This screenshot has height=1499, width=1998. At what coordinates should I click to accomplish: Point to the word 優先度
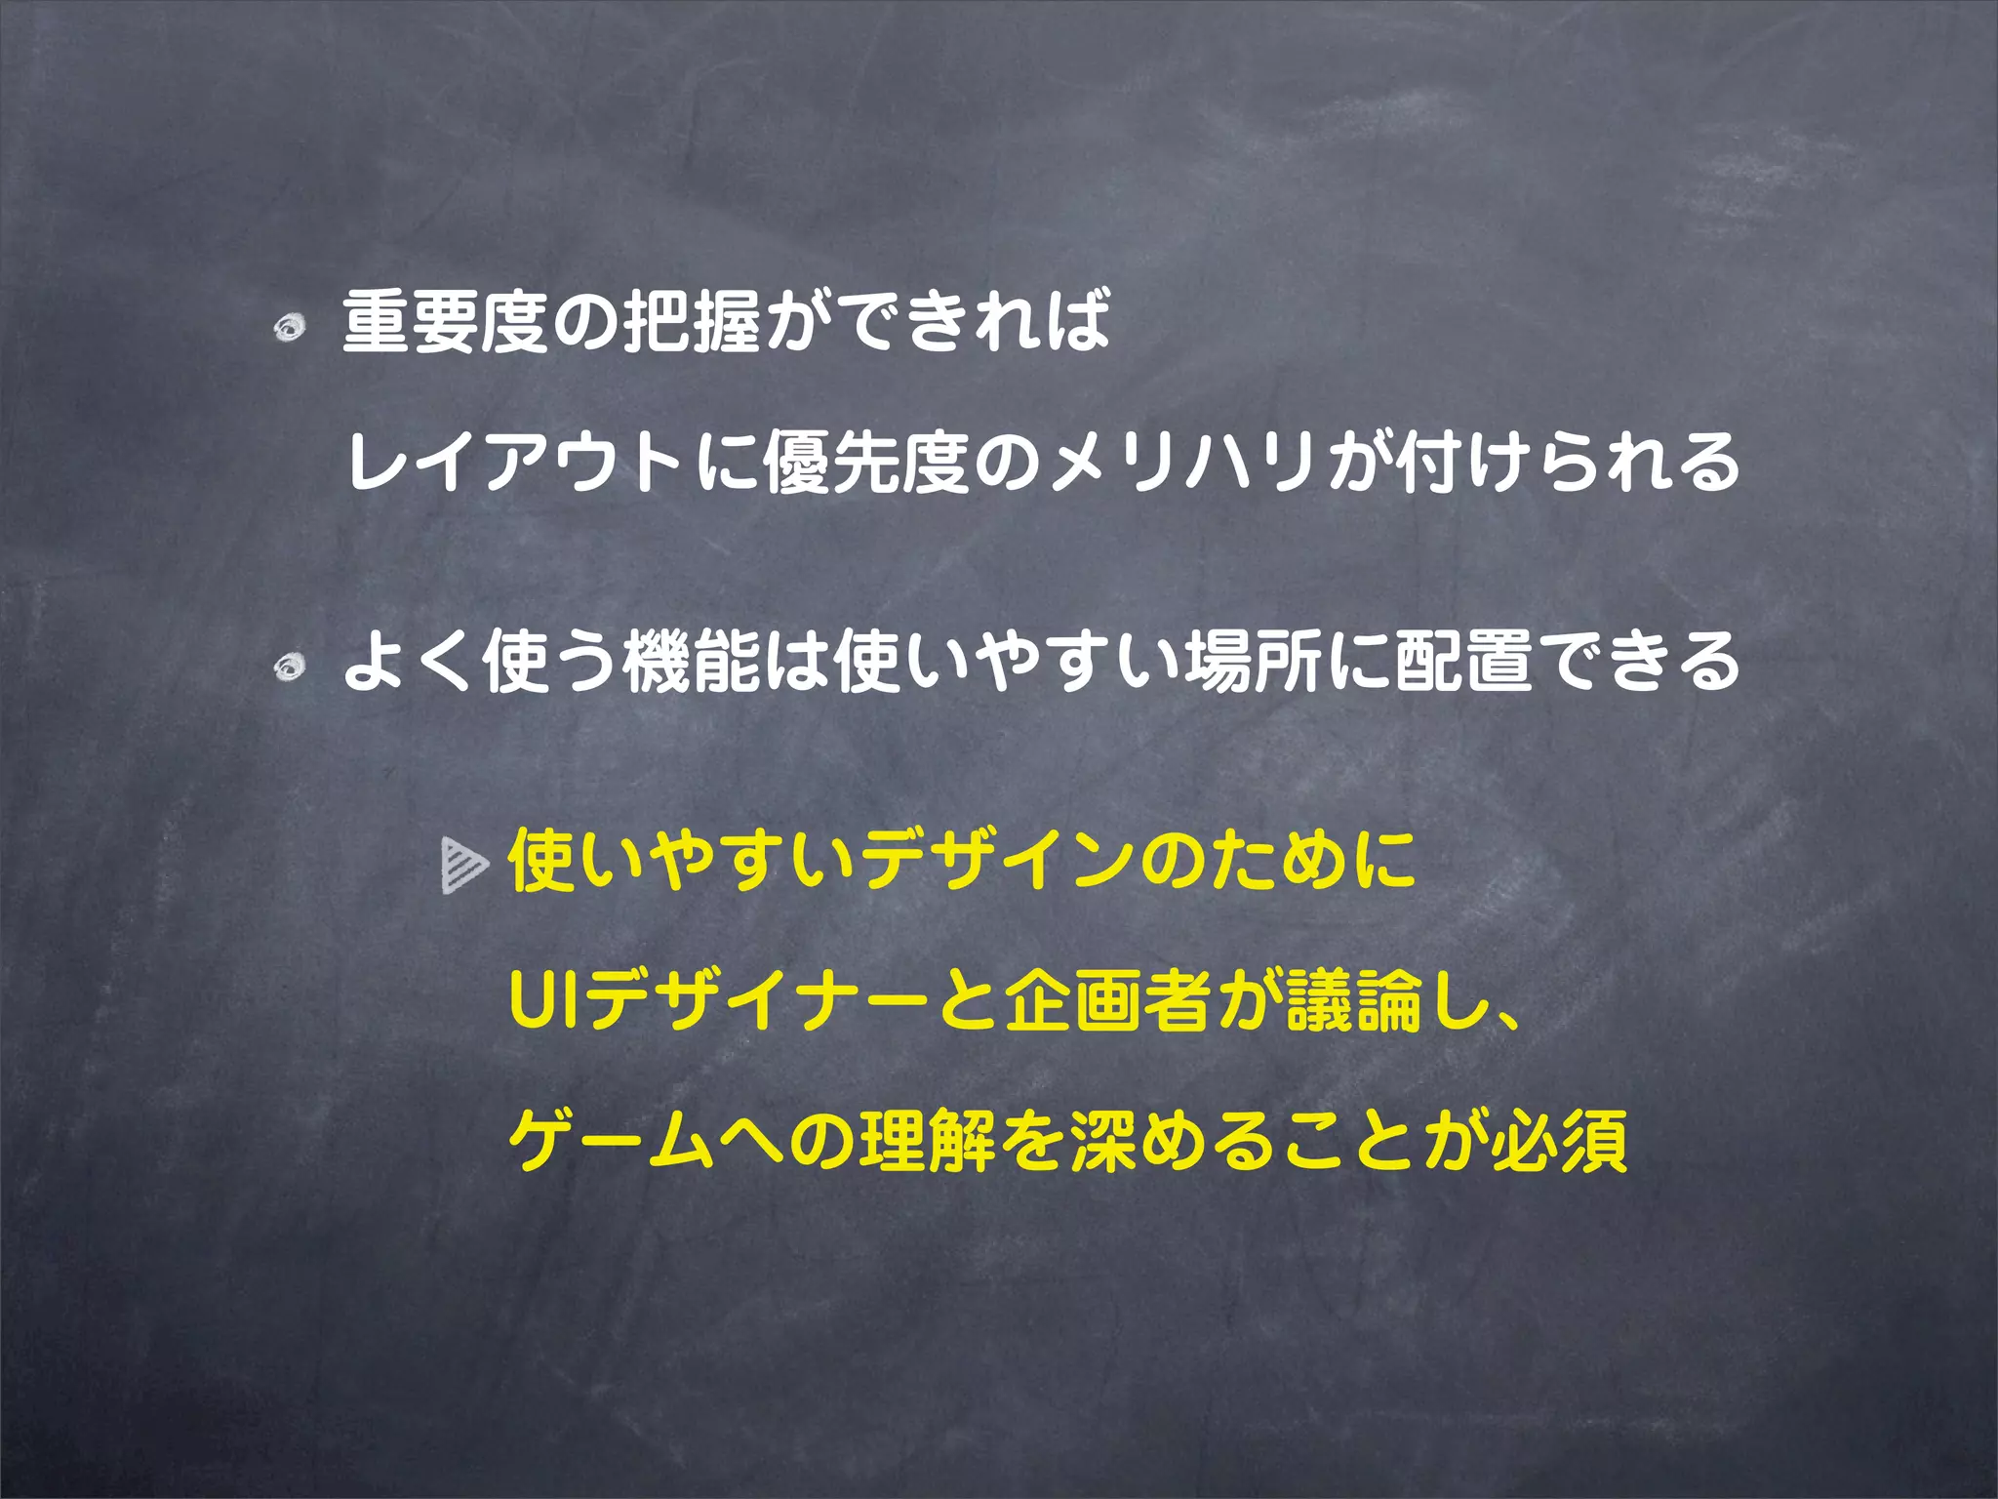click(865, 462)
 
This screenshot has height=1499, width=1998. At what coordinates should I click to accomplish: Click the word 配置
click(1463, 662)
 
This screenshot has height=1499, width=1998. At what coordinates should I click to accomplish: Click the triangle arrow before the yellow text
click(463, 866)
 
